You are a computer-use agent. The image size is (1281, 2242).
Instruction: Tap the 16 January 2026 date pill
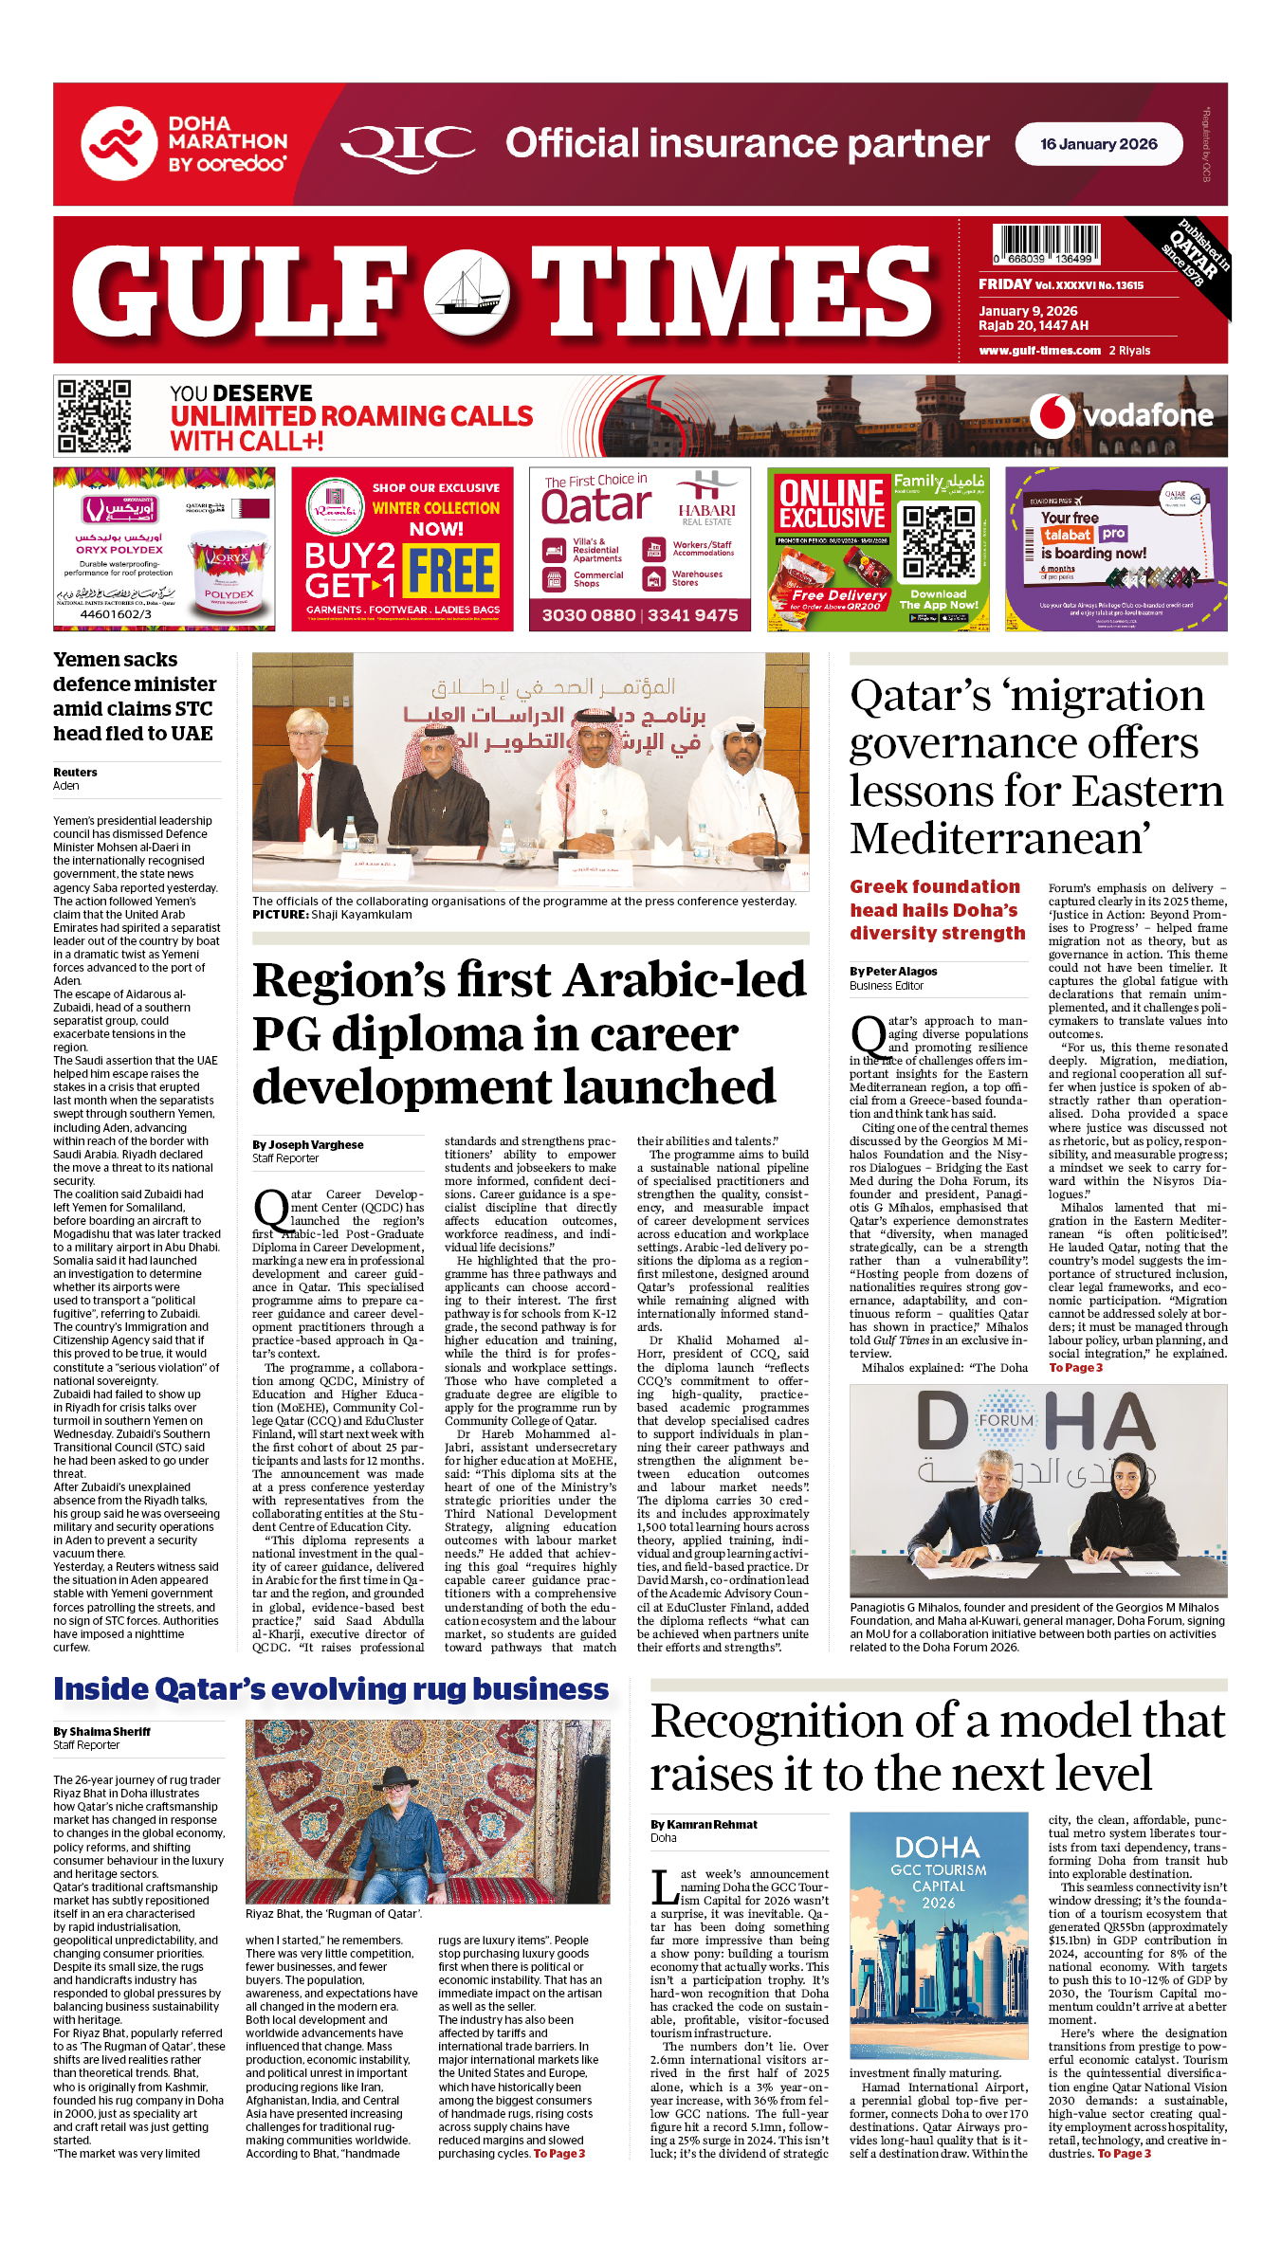[1098, 144]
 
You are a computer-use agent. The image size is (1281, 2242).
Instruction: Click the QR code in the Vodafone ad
[94, 416]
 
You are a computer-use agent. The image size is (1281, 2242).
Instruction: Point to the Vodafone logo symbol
[1052, 416]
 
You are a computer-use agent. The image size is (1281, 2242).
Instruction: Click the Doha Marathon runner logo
[119, 143]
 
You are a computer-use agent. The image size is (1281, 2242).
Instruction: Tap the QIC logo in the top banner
[408, 145]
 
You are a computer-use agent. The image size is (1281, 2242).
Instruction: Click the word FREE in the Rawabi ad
[452, 571]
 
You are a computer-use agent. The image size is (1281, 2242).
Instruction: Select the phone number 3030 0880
[589, 615]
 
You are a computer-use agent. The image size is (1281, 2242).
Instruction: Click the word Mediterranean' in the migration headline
[1000, 839]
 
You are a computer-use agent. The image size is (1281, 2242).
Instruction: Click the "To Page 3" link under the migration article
[1075, 1368]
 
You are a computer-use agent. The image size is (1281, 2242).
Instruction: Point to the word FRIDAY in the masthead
[1005, 284]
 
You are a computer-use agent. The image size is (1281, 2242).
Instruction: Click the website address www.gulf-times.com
[1039, 351]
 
